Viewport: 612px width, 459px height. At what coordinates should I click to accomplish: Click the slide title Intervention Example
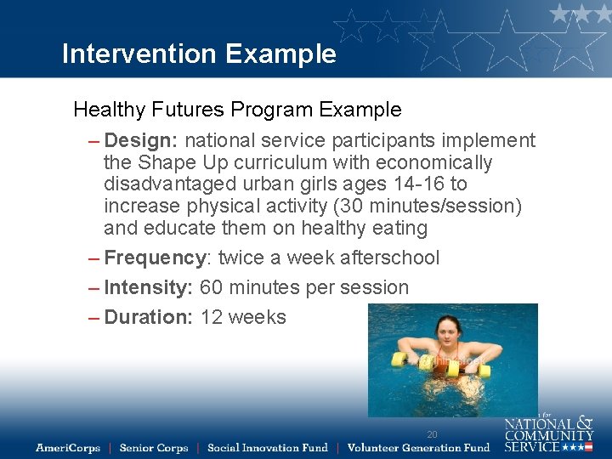pyautogui.click(x=199, y=54)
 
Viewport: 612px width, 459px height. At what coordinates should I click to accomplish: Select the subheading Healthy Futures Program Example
pyautogui.click(x=237, y=110)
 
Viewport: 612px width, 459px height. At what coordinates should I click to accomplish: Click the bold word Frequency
pyautogui.click(x=155, y=258)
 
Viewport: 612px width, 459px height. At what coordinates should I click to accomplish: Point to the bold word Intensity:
pyautogui.click(x=149, y=287)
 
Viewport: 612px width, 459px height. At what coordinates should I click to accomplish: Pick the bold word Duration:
pyautogui.click(x=149, y=317)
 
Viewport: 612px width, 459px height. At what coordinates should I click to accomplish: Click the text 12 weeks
pyautogui.click(x=243, y=317)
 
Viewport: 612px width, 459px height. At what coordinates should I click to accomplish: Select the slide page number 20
pyautogui.click(x=432, y=434)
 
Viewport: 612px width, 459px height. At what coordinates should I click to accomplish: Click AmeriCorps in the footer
pyautogui.click(x=68, y=448)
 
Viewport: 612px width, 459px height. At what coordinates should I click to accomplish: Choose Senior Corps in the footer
pyautogui.click(x=154, y=448)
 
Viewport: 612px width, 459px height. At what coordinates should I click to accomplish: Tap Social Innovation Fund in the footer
pyautogui.click(x=267, y=448)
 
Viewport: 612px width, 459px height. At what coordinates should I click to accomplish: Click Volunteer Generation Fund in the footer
pyautogui.click(x=418, y=448)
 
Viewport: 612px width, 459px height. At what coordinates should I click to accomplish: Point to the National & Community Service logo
pyautogui.click(x=548, y=433)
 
